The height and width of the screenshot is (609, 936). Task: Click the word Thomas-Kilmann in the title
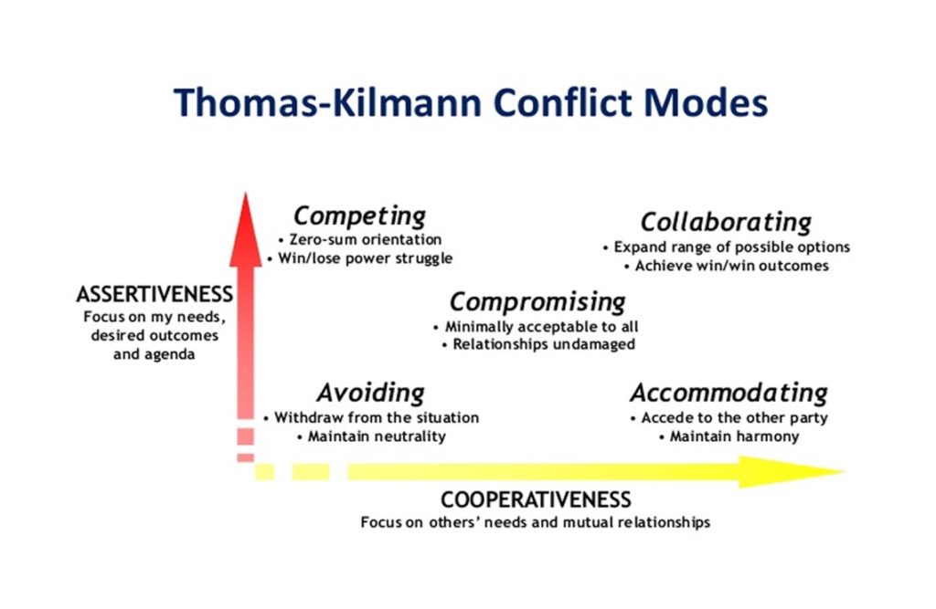(301, 102)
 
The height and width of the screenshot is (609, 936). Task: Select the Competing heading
(359, 216)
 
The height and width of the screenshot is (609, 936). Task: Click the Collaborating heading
(726, 222)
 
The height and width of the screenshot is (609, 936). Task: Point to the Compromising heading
(537, 301)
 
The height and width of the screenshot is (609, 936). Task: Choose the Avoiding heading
(370, 393)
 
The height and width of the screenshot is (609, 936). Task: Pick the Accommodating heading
(729, 393)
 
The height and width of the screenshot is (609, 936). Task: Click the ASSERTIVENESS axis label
(154, 295)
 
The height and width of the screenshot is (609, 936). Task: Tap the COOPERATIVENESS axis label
(536, 499)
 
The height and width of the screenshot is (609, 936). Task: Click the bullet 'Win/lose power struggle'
(364, 258)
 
